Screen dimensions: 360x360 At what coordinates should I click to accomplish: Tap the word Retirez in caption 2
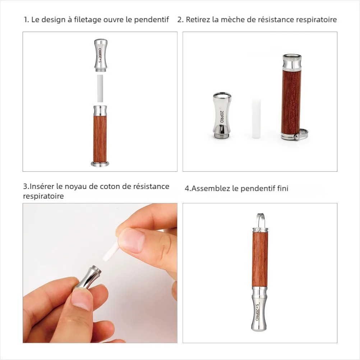pos(198,20)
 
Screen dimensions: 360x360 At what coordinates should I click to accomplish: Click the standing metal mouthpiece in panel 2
pos(221,116)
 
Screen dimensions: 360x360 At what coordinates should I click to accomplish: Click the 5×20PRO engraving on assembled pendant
pos(257,308)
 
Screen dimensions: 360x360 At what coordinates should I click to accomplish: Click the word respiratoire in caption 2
pos(316,20)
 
